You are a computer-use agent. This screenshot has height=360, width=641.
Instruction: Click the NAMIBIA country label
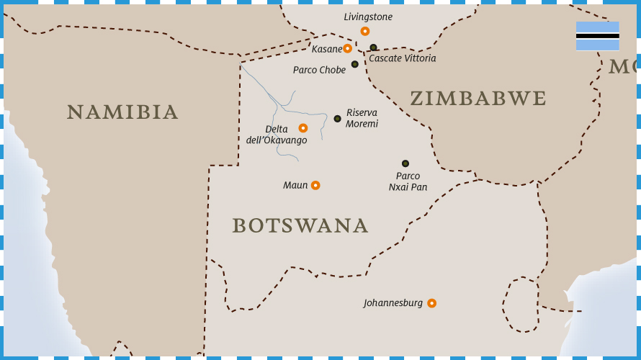(122, 112)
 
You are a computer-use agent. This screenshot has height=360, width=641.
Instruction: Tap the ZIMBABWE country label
(478, 99)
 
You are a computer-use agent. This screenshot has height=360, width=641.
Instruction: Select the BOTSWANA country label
(300, 225)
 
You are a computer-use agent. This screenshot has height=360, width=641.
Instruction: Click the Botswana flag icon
(597, 36)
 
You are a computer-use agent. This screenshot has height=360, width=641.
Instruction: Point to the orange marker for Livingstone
(365, 31)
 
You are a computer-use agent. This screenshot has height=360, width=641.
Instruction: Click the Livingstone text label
(368, 17)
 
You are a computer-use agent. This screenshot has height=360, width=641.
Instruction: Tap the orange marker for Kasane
(347, 48)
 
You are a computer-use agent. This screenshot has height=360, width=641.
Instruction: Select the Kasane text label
(326, 49)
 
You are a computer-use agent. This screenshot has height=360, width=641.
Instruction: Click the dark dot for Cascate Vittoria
(373, 48)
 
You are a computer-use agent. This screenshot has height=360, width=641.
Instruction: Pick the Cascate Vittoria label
(402, 58)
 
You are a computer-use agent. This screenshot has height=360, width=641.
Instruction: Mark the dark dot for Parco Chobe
(355, 64)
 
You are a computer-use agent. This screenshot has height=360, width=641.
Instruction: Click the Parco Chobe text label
(319, 70)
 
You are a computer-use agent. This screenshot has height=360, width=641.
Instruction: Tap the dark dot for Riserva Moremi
(337, 119)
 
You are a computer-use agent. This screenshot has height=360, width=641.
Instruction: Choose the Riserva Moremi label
(362, 118)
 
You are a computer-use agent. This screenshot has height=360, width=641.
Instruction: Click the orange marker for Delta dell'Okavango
(303, 128)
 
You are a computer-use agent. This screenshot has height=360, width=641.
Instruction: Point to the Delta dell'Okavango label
(277, 135)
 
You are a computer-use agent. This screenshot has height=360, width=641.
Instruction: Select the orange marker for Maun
(315, 185)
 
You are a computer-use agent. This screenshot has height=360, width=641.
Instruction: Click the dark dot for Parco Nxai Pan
(405, 163)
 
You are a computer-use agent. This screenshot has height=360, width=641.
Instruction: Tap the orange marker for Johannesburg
(431, 303)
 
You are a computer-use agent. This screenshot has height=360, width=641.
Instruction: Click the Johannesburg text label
(393, 303)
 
